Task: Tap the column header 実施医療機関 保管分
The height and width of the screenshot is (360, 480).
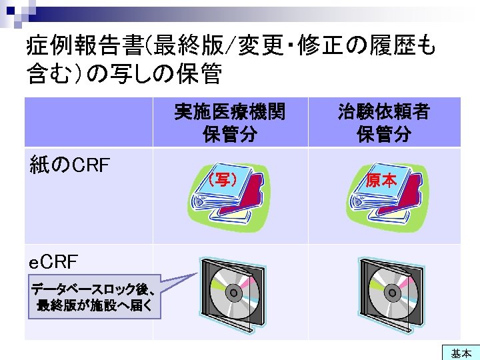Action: [x=229, y=122]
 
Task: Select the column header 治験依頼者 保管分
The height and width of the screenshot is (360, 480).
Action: [x=383, y=122]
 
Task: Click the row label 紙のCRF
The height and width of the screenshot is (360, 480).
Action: [x=70, y=164]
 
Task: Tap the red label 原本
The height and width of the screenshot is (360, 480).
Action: [x=381, y=180]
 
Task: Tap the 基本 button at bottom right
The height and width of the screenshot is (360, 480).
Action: [x=461, y=353]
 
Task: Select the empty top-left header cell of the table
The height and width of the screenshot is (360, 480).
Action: [x=88, y=122]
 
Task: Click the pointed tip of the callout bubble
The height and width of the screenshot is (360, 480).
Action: [x=198, y=273]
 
